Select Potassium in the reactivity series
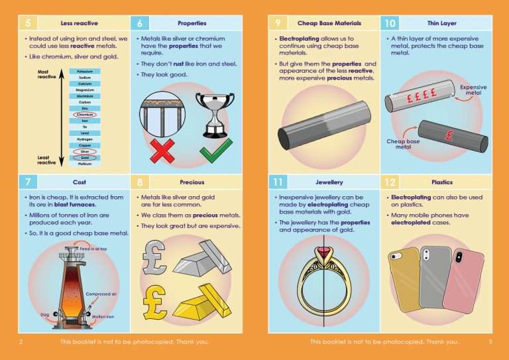[85, 71]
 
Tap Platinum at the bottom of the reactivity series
[85, 163]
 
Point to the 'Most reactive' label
[46, 74]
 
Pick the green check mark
[216, 149]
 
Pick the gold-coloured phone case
[404, 278]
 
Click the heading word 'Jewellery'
[325, 182]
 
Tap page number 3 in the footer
[490, 342]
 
